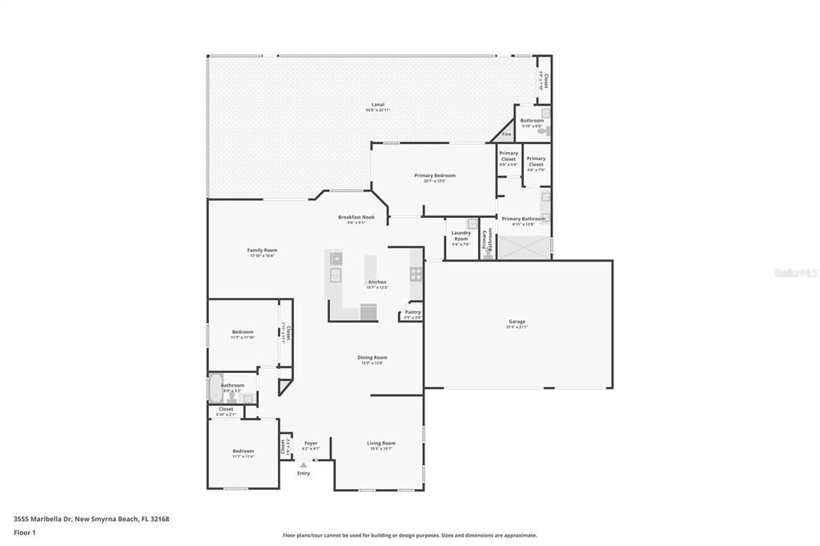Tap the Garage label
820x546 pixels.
[517, 322]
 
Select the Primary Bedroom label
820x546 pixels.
[434, 176]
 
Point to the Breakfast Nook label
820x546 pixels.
[356, 218]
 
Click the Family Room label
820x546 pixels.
[262, 251]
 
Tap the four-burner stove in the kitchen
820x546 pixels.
[416, 273]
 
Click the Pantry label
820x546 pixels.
[412, 313]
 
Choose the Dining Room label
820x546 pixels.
[372, 358]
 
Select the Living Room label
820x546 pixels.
[381, 444]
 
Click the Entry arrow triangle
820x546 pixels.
[303, 464]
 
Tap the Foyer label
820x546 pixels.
[311, 444]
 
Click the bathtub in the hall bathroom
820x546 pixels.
[215, 389]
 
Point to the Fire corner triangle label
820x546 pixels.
[506, 134]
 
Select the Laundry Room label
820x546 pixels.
[460, 236]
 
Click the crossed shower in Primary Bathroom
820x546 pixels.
[524, 249]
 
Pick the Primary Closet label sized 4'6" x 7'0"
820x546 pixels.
[536, 162]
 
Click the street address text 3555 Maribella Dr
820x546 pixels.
[91, 519]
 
